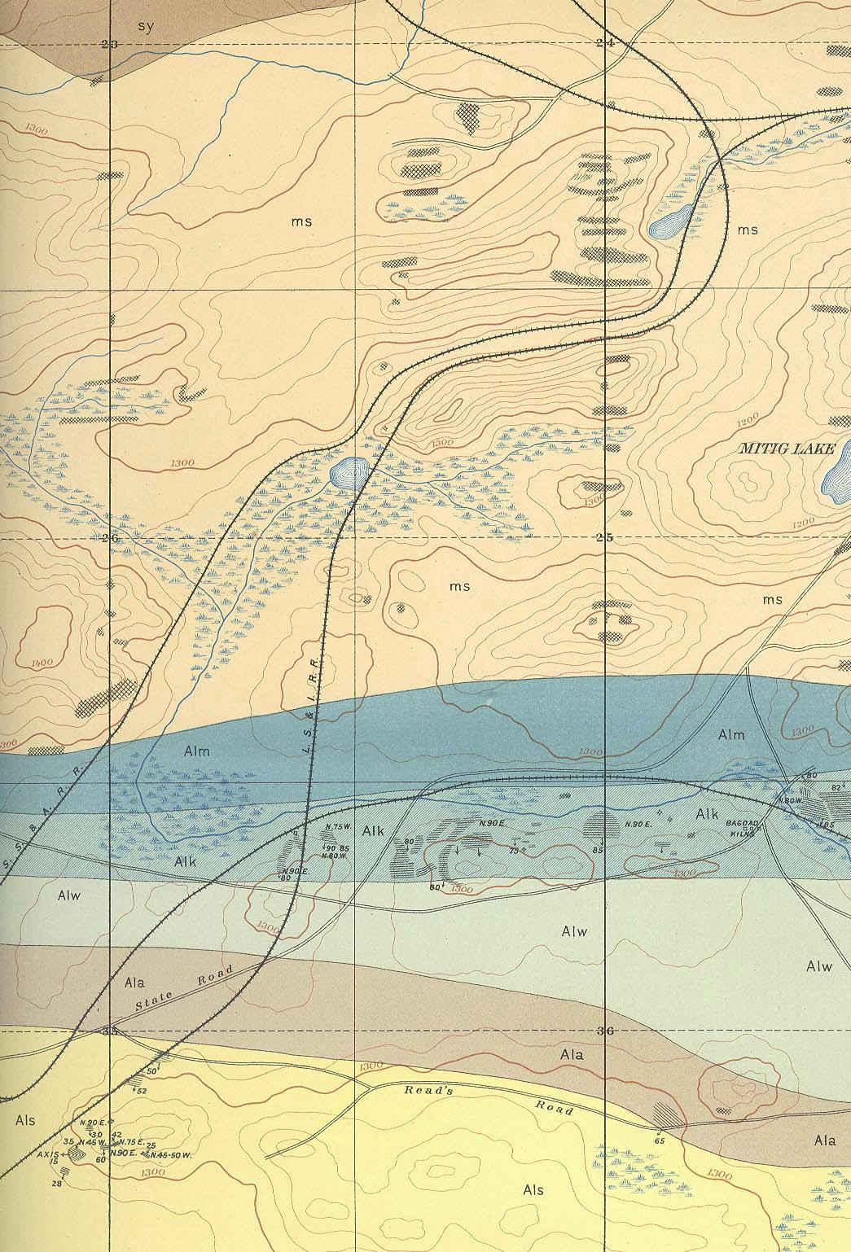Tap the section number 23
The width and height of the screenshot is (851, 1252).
pos(112,45)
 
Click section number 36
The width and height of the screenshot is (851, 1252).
pos(604,1031)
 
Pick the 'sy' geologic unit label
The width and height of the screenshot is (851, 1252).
pos(145,25)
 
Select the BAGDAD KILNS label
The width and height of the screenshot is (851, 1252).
pos(742,827)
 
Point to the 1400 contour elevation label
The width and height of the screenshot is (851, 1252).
pos(39,663)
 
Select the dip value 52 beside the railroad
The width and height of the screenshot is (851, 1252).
pos(141,1091)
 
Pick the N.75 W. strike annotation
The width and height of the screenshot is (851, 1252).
pos(337,828)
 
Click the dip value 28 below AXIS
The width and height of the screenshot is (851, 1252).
pos(56,1184)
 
